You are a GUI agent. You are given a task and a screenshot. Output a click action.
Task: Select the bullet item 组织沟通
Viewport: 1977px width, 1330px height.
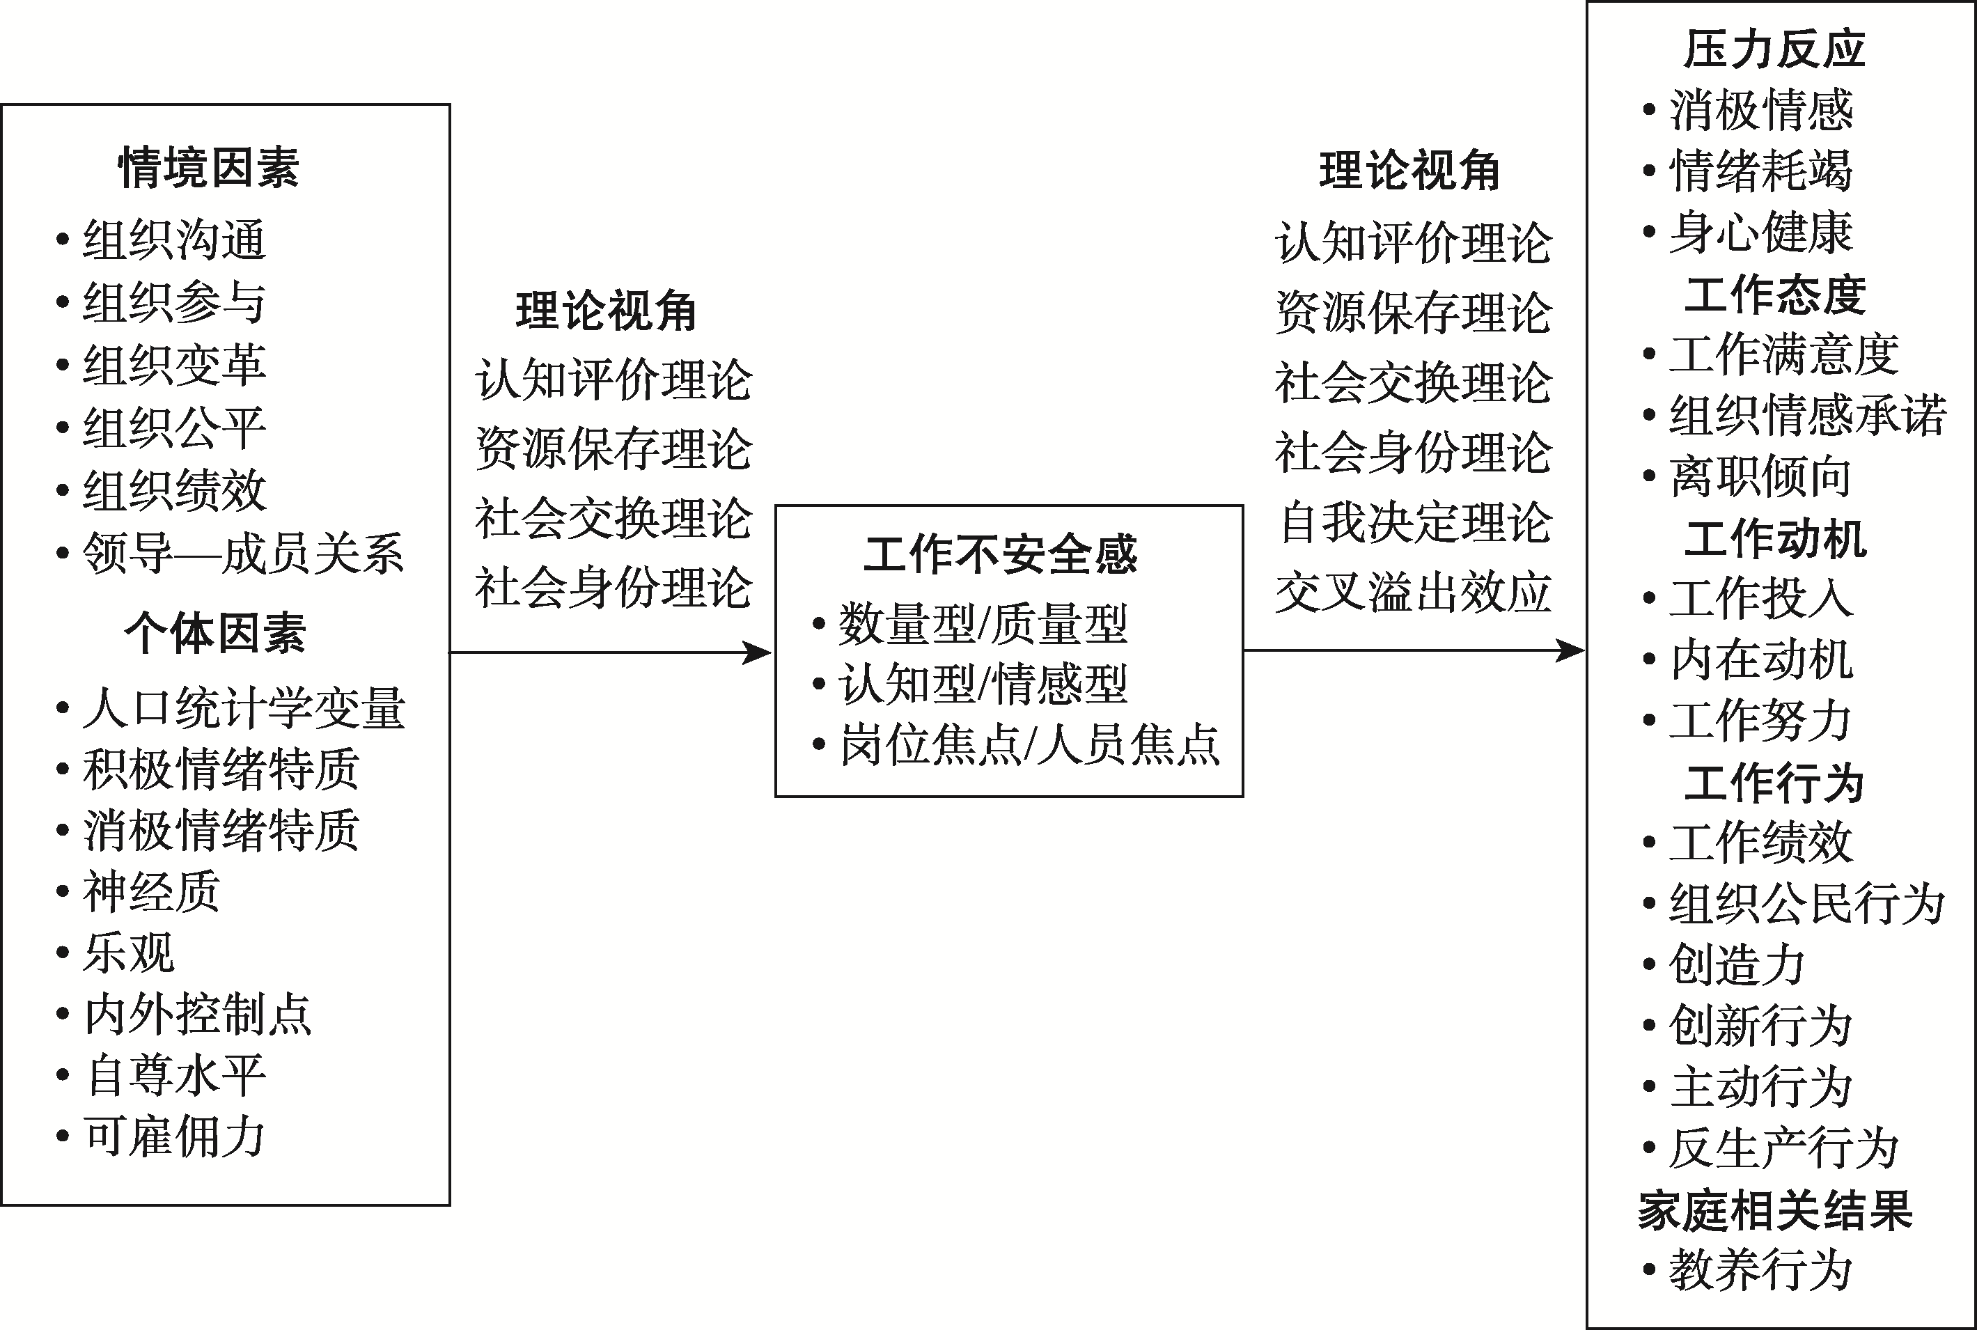pyautogui.click(x=175, y=240)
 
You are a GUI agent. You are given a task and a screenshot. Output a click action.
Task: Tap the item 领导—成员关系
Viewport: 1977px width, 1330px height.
pyautogui.click(x=242, y=553)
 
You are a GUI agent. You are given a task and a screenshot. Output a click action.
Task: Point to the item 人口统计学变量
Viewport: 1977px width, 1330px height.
pyautogui.click(x=244, y=708)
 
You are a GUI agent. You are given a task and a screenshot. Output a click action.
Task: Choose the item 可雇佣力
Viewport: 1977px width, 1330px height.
pyautogui.click(x=175, y=1136)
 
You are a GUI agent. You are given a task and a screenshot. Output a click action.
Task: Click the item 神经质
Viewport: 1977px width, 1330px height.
pyautogui.click(x=152, y=891)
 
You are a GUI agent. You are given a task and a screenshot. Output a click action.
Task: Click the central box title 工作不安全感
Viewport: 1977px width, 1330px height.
pyautogui.click(x=1000, y=555)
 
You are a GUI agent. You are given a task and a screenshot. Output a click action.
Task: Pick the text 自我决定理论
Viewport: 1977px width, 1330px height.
pyautogui.click(x=1415, y=522)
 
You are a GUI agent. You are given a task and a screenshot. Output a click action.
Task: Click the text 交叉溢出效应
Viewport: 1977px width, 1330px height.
pyautogui.click(x=1414, y=592)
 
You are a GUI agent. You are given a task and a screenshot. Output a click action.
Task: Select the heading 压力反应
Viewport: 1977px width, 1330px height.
pyautogui.click(x=1774, y=49)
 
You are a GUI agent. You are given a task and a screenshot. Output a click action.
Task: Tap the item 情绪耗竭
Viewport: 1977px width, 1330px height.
pyautogui.click(x=1760, y=171)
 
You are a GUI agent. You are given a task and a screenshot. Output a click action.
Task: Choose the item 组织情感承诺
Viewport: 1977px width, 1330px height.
pyautogui.click(x=1807, y=416)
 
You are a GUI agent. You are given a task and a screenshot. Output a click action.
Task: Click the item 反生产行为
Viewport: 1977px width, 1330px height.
pyautogui.click(x=1783, y=1148)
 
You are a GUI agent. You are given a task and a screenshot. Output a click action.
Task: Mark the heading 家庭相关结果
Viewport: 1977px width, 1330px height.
pyautogui.click(x=1775, y=1210)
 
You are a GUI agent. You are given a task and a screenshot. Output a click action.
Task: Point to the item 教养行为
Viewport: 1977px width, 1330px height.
pyautogui.click(x=1760, y=1270)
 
